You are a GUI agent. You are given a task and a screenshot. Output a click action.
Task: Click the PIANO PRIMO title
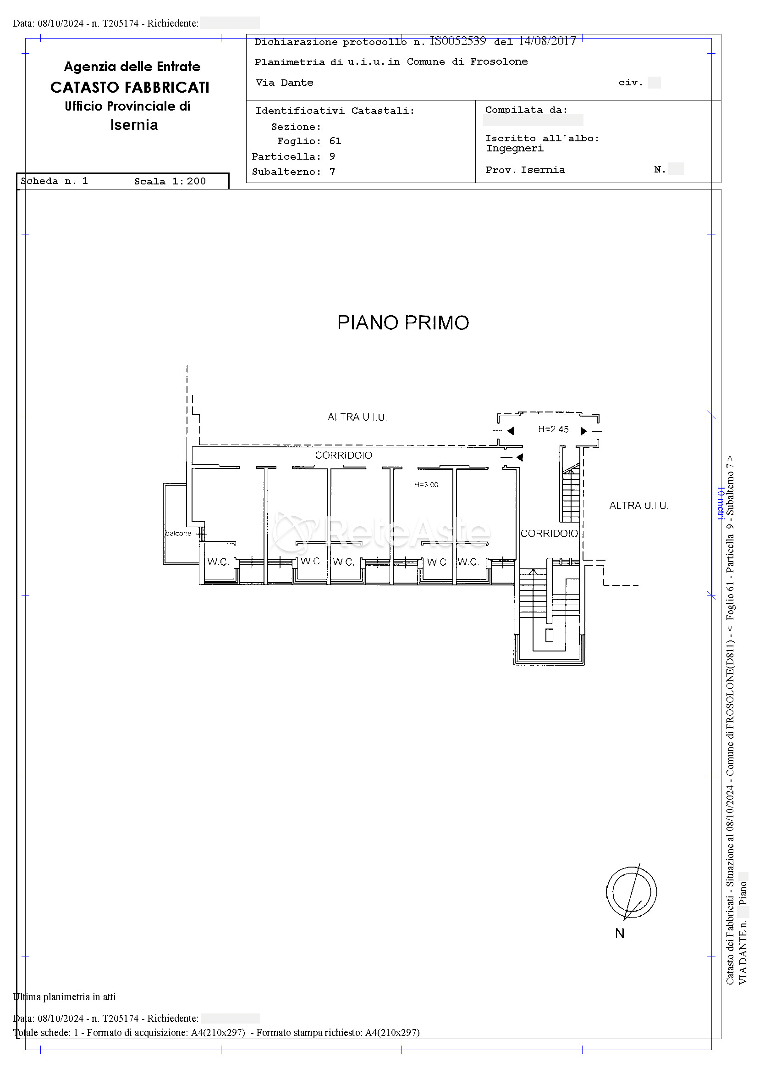pos(403,323)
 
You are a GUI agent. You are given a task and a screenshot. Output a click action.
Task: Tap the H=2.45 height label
pos(553,429)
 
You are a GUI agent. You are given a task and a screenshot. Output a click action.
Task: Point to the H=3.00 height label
pos(426,484)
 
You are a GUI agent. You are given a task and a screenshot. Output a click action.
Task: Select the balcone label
pos(178,533)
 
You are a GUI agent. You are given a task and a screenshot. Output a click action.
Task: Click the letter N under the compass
pos(620,933)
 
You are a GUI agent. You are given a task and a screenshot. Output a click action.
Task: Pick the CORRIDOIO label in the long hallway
pos(343,455)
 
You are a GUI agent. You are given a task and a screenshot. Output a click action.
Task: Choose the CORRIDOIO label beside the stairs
pos(549,533)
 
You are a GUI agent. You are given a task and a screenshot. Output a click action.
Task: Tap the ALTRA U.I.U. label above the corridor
pos(357,417)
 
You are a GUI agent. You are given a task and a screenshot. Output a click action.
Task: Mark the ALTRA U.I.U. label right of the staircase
pos(638,505)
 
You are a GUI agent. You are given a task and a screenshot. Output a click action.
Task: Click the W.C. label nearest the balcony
pos(218,562)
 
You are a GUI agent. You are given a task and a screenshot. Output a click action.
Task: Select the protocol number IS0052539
pos(458,41)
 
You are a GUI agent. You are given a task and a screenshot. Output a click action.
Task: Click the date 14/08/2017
pos(547,41)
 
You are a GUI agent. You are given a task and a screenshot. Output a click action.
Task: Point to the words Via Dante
pos(284,83)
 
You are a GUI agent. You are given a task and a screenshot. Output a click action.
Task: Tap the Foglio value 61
pos(335,141)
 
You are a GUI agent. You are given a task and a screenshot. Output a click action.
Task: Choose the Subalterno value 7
pos(332,172)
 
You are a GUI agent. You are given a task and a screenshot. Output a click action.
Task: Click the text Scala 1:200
pos(170,182)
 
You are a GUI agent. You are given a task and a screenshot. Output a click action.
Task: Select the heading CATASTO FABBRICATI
pos(130,88)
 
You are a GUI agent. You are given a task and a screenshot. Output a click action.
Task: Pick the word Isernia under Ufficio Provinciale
pos(134,125)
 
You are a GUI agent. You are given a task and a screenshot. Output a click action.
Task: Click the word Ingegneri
pos(515,149)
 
